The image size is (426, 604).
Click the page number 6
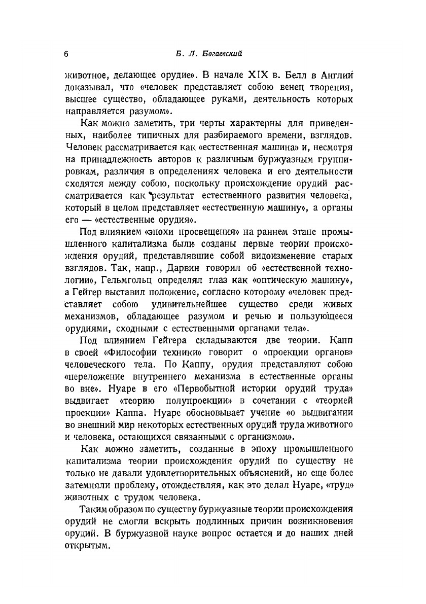(x=67, y=54)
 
